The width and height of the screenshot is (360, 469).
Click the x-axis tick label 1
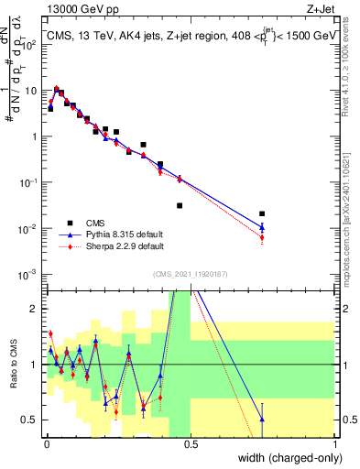[335, 443]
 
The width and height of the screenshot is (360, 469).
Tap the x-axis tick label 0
[46, 443]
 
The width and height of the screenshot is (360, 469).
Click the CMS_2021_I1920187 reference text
[190, 273]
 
